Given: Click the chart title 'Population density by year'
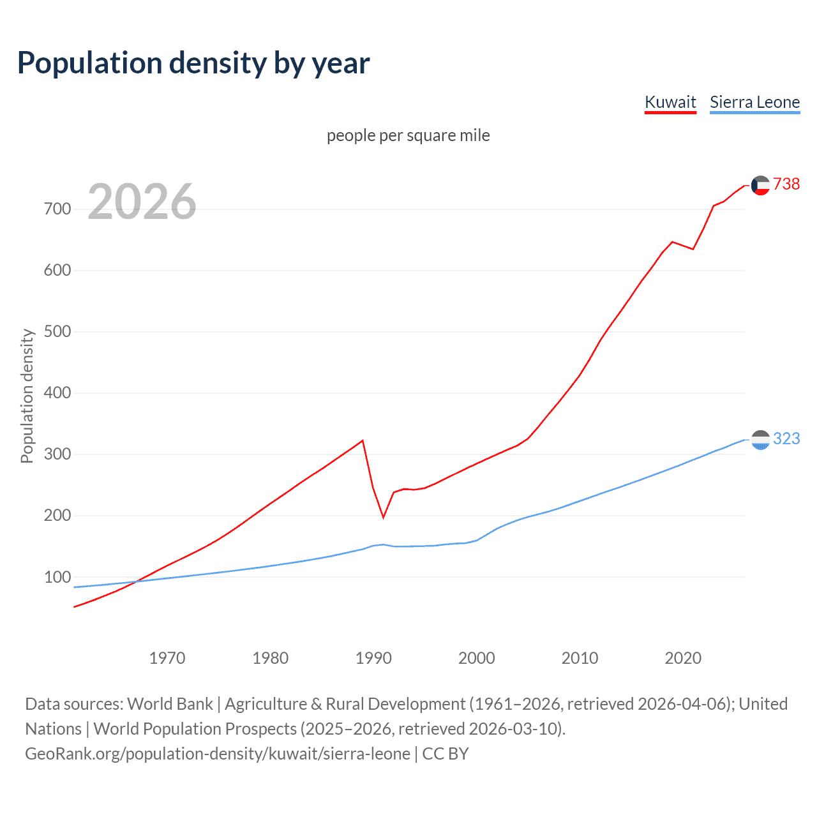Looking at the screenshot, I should click(193, 63).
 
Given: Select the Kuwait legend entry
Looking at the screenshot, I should click(670, 102).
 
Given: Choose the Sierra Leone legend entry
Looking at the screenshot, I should click(754, 102).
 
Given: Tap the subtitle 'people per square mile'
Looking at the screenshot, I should click(408, 135).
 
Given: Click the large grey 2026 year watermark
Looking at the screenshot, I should click(142, 202).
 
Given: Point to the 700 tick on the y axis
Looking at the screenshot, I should click(57, 209).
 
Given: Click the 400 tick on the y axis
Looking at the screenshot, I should click(57, 393).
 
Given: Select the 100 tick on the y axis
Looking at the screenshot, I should click(57, 577).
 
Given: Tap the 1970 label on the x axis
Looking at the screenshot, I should click(167, 658).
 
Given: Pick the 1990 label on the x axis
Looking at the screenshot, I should click(373, 658).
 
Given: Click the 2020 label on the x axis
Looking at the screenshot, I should click(683, 658).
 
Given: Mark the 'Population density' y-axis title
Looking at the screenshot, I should click(27, 396).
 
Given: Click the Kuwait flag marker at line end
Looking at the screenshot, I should click(760, 185).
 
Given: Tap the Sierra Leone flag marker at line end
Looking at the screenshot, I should click(760, 440).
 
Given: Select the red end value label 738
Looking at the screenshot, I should click(786, 184).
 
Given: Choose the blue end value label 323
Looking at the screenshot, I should click(786, 438).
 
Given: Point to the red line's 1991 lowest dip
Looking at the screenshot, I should click(384, 517).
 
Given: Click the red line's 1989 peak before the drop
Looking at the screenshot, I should click(363, 440).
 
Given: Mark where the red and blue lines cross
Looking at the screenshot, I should click(135, 581).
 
